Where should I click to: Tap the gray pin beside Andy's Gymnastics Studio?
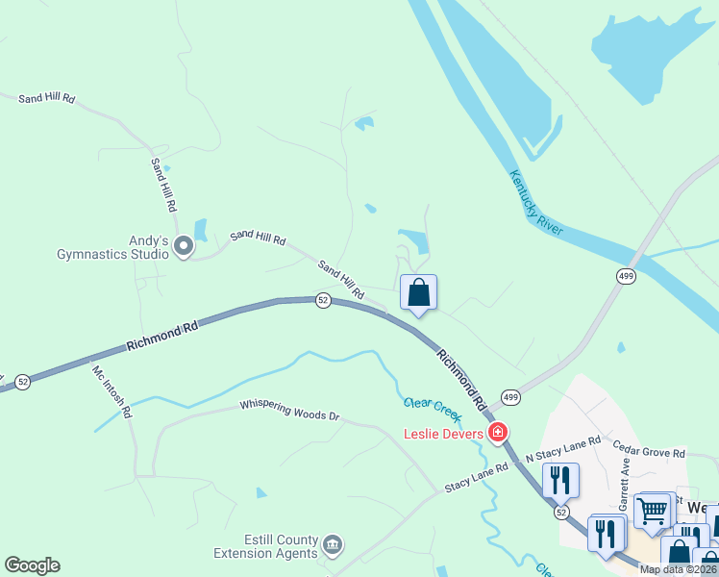(x=184, y=248)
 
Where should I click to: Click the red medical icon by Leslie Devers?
(x=499, y=432)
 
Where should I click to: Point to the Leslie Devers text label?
(x=442, y=434)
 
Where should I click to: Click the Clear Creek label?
(x=434, y=408)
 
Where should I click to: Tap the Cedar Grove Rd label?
(x=649, y=452)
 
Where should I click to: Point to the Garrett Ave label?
(x=625, y=481)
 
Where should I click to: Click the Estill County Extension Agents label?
(x=265, y=546)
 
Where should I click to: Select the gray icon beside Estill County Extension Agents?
(x=333, y=545)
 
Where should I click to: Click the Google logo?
(x=33, y=565)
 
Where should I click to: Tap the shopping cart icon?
(x=654, y=510)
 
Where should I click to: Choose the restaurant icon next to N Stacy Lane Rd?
(x=560, y=479)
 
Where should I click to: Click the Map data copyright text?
(x=678, y=569)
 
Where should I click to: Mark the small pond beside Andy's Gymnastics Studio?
(x=201, y=229)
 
